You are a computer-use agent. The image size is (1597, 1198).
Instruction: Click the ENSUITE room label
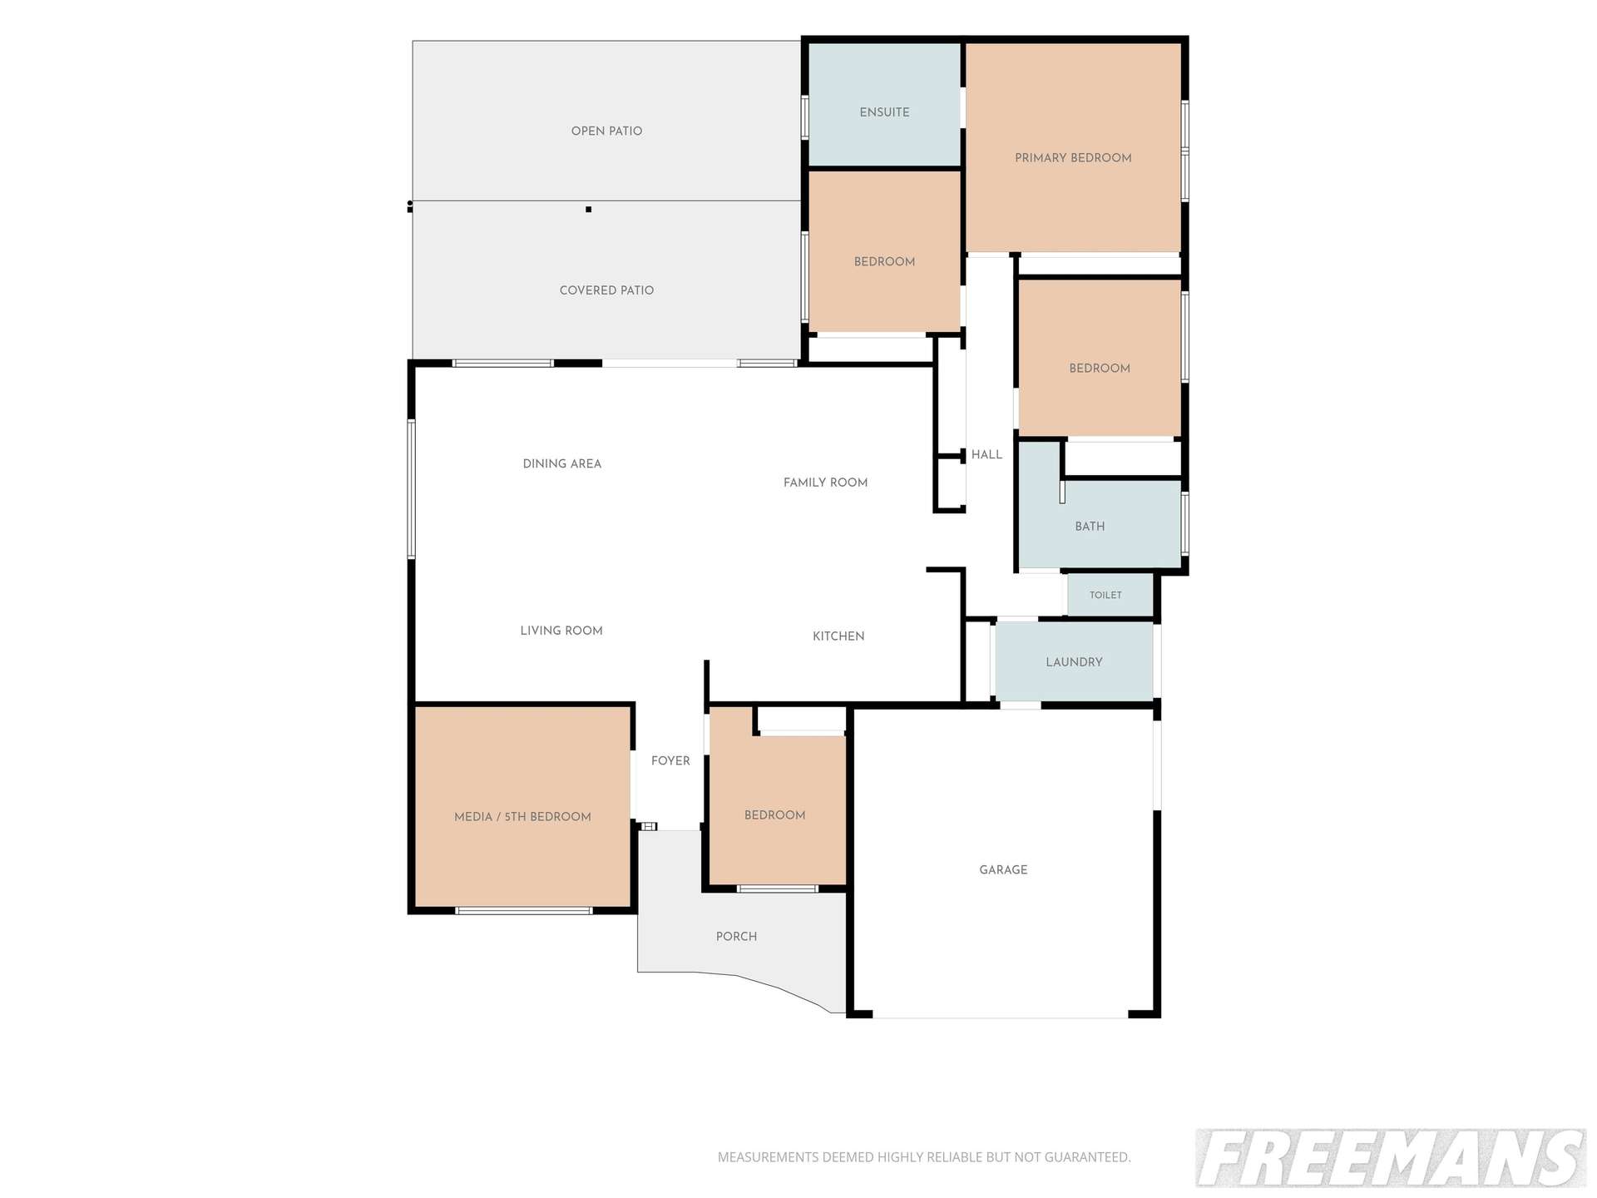point(884,112)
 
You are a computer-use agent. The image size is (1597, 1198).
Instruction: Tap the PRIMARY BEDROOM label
point(1073,158)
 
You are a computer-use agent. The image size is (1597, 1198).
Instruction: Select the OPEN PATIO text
point(606,131)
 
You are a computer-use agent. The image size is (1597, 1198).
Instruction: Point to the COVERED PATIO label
point(606,290)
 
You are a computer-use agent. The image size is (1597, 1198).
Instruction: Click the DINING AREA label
point(561,464)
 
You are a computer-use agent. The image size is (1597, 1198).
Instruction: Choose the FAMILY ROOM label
point(825,483)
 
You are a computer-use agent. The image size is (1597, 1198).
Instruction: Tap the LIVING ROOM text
point(561,631)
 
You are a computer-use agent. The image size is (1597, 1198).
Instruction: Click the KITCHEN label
point(838,636)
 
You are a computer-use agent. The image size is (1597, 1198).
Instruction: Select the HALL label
point(986,455)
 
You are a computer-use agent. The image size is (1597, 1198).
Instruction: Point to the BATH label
point(1090,527)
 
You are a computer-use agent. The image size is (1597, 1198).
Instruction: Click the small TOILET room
point(1110,595)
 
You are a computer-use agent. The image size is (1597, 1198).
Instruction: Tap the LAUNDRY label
point(1074,662)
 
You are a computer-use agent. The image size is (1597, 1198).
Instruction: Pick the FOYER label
point(670,761)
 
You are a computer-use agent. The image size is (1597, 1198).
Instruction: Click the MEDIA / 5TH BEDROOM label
point(522,817)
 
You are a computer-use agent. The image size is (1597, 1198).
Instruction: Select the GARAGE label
point(1003,870)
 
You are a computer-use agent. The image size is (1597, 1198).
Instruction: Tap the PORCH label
point(736,937)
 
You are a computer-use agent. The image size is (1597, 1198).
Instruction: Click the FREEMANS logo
point(1391,1158)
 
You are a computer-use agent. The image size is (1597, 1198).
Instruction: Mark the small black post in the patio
point(588,210)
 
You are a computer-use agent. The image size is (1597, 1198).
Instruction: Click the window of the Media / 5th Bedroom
point(524,911)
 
